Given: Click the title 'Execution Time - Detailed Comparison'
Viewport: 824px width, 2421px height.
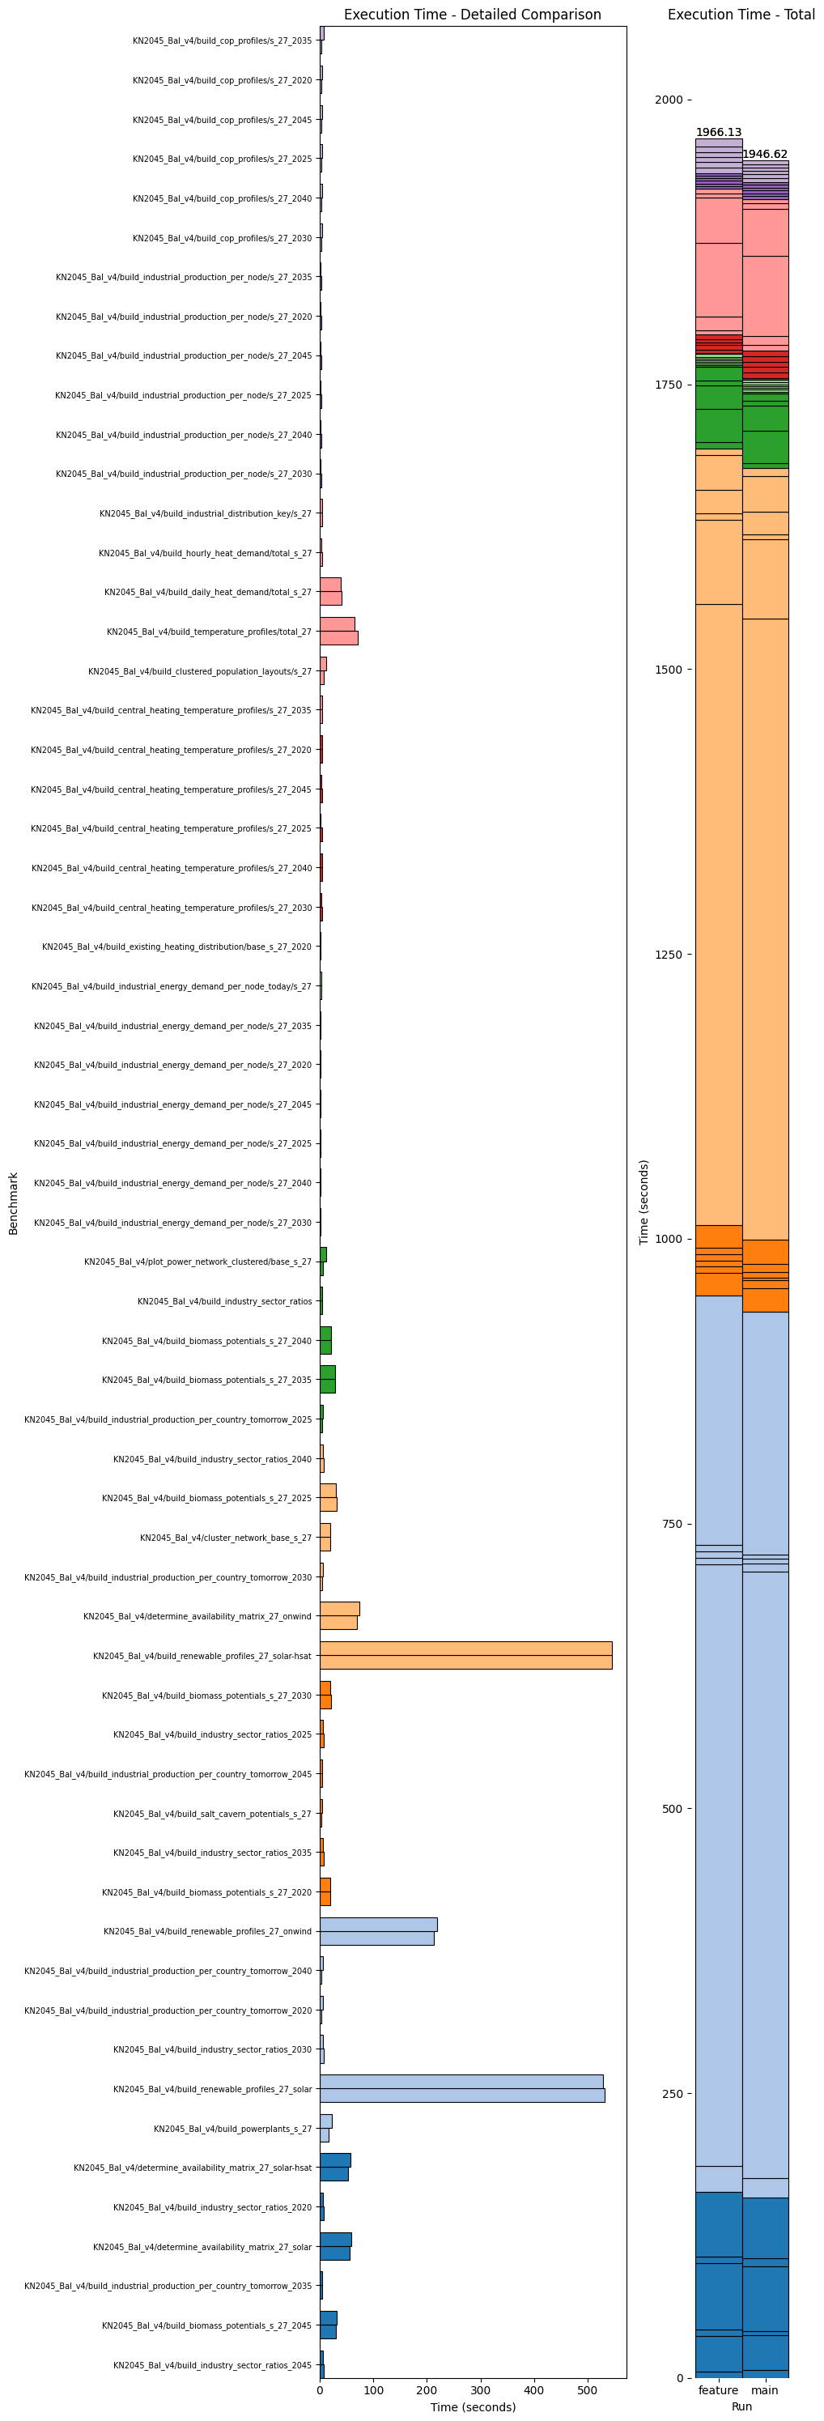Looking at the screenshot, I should coord(472,15).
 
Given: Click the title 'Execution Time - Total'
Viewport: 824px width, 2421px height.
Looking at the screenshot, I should coord(741,15).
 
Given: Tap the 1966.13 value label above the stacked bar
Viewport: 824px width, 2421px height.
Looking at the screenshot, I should coord(718,133).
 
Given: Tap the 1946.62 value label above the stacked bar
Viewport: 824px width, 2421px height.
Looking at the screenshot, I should coord(765,154).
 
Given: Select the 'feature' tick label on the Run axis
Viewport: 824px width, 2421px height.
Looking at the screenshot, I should coord(718,2389).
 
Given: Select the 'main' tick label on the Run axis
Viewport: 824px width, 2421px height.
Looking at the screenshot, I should coord(765,2389).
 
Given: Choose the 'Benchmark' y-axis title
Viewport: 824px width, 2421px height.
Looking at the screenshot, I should coord(13,1202).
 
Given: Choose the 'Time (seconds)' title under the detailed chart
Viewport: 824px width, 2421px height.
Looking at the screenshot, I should coord(473,2407).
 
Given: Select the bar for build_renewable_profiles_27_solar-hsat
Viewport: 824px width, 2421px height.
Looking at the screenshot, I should coord(465,1655).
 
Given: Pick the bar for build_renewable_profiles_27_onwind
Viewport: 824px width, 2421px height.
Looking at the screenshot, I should coord(378,1930).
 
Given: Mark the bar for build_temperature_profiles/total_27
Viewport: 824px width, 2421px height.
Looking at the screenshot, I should coord(338,632).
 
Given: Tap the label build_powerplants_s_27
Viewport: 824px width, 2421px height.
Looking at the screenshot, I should coord(232,2129).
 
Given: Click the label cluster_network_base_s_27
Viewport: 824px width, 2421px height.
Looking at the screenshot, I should coord(226,1538).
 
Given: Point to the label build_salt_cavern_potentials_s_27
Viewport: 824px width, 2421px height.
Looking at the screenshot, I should coord(212,1813).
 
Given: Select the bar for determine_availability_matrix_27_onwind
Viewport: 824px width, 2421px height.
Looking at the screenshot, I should coord(339,1615).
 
